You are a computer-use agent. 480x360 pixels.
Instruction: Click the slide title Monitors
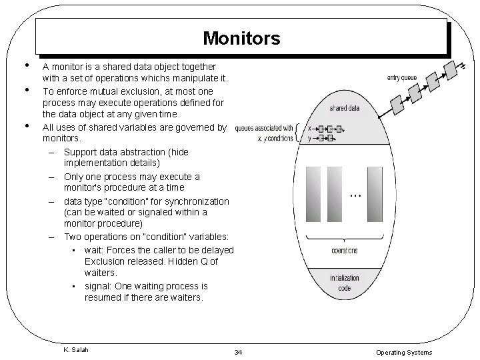tap(241, 38)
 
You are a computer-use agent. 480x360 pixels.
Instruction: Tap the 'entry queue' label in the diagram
tap(402, 78)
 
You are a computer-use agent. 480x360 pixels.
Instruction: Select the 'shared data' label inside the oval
tap(345, 108)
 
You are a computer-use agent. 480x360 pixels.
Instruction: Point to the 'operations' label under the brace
tap(345, 251)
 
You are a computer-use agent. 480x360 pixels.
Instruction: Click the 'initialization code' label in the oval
tap(345, 283)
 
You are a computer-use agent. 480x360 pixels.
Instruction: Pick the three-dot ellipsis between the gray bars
tap(355, 195)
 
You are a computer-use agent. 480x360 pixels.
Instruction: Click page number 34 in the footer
tap(238, 352)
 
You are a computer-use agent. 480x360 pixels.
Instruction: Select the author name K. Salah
tap(75, 349)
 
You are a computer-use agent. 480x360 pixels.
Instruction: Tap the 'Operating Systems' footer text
tap(404, 352)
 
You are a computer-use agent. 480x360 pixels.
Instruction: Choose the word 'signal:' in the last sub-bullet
tap(99, 286)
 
